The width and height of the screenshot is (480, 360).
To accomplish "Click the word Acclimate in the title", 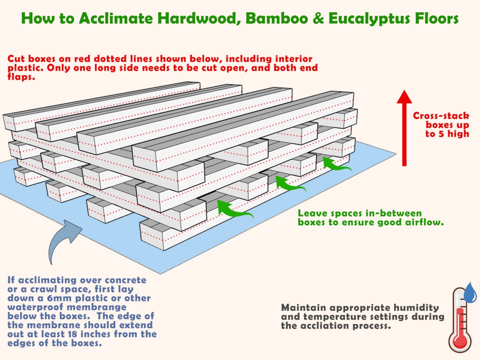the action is (x=116, y=18).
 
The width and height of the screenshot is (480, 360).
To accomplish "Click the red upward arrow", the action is (x=404, y=128).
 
